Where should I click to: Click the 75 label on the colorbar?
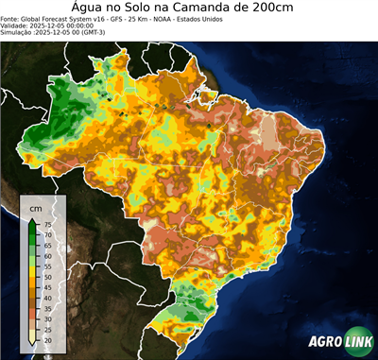pos(47,224)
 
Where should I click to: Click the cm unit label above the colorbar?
pos(36,206)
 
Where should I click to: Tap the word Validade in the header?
pos(16,25)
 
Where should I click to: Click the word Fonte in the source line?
pos(10,17)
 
